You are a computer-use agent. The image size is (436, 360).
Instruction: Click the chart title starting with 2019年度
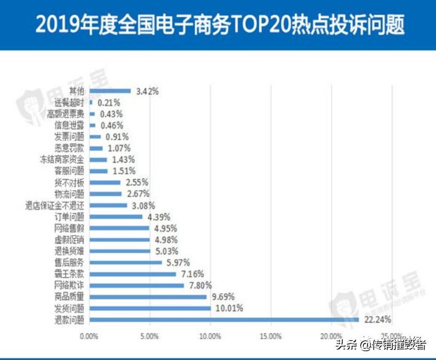click(x=217, y=24)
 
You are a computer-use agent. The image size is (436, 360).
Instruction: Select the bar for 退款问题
click(x=223, y=319)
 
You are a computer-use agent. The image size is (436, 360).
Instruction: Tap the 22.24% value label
click(x=376, y=319)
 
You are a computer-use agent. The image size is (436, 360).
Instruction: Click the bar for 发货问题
click(x=150, y=308)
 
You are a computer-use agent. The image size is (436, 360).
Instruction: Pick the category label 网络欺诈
click(x=69, y=285)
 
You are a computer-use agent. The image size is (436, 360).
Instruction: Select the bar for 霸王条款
click(x=132, y=273)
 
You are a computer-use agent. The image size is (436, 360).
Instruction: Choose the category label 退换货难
click(x=69, y=251)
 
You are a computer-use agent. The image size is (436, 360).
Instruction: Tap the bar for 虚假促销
click(x=119, y=239)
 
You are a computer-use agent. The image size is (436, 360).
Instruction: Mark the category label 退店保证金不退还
click(x=55, y=205)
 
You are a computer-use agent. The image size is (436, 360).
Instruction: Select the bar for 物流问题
click(x=105, y=194)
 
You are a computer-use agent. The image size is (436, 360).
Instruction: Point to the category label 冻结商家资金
click(x=62, y=159)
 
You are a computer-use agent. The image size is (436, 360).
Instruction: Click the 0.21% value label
click(x=108, y=102)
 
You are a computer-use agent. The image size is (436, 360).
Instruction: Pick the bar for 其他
click(x=110, y=91)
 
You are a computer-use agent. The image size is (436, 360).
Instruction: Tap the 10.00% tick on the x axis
click(x=210, y=335)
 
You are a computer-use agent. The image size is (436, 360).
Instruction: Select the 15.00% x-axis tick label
click(x=271, y=335)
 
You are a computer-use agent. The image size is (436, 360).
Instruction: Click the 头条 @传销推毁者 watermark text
click(x=381, y=345)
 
